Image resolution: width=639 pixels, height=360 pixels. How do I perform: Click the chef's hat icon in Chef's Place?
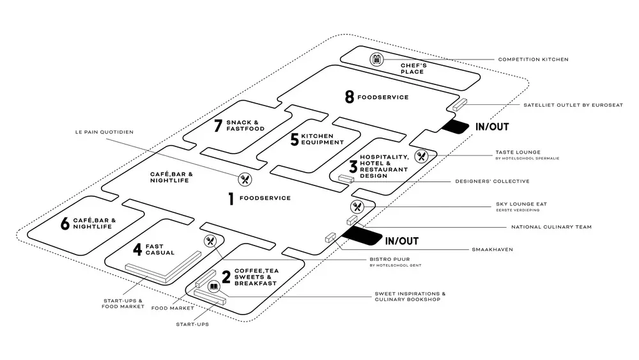point(377,59)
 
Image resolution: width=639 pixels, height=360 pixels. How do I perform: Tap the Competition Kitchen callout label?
point(533,59)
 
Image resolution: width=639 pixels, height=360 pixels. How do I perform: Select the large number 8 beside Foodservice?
point(349,97)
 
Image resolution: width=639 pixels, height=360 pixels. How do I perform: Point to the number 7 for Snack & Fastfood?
point(218,126)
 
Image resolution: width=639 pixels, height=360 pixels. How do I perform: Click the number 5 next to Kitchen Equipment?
point(294,139)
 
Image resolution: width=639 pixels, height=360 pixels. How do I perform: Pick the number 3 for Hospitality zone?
point(352,167)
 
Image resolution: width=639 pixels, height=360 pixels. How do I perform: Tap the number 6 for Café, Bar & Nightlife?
point(65,224)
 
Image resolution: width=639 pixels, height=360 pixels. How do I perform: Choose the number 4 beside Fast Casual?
point(137,249)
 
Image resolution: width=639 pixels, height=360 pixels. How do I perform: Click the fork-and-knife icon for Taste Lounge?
point(421,155)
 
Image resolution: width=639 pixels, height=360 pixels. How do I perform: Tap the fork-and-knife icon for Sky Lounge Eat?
point(357,207)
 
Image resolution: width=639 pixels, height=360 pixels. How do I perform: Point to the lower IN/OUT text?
point(401,241)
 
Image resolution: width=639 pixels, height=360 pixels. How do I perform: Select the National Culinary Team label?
point(551,227)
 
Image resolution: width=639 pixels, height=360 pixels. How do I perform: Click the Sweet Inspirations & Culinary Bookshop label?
point(410,297)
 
